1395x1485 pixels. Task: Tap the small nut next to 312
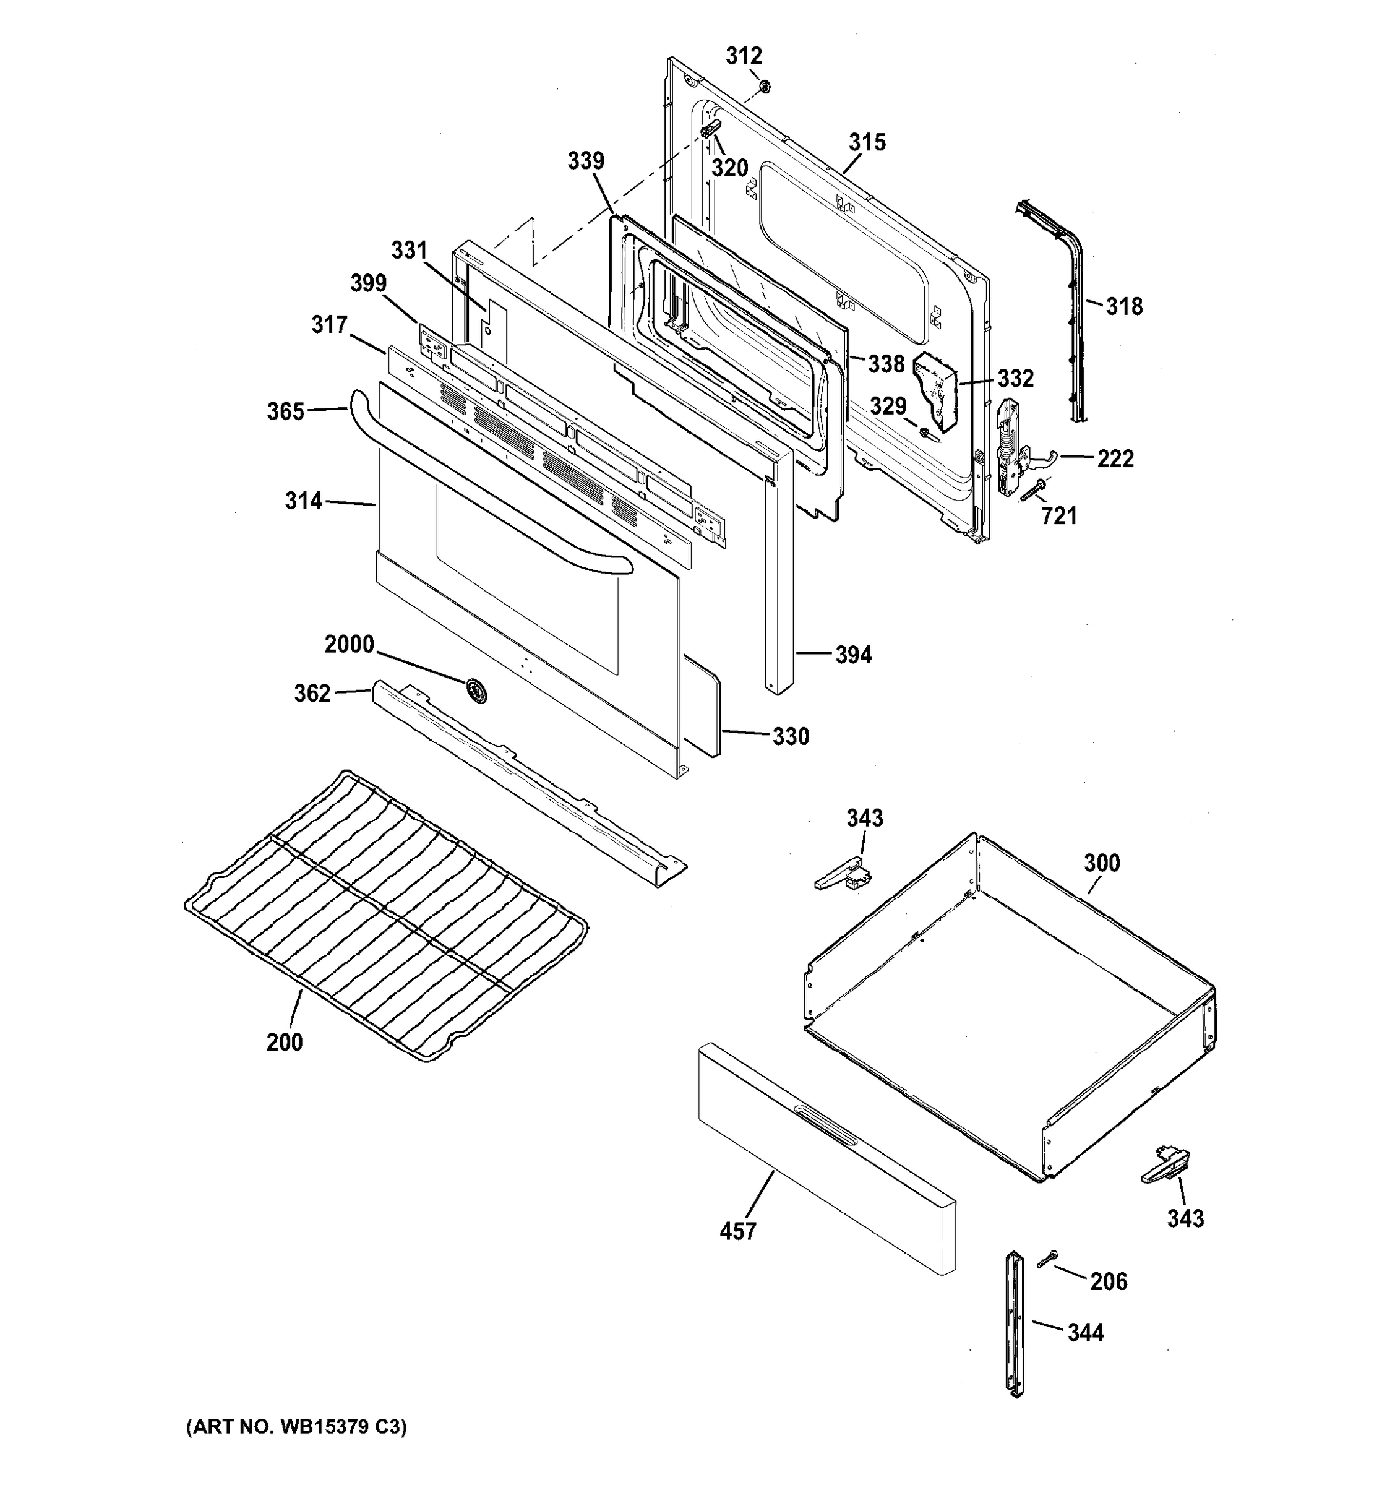pyautogui.click(x=763, y=87)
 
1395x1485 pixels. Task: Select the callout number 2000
pyautogui.click(x=349, y=644)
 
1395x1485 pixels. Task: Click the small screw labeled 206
pyautogui.click(x=1047, y=1259)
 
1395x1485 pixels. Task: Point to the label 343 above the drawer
pyautogui.click(x=864, y=818)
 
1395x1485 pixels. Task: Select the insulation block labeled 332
pyautogui.click(x=938, y=390)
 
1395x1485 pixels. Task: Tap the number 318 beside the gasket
pyautogui.click(x=1124, y=306)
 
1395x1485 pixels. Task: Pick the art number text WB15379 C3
pyautogui.click(x=296, y=1427)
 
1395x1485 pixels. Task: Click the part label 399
pyautogui.click(x=368, y=283)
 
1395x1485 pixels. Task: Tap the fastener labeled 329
pyautogui.click(x=926, y=433)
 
